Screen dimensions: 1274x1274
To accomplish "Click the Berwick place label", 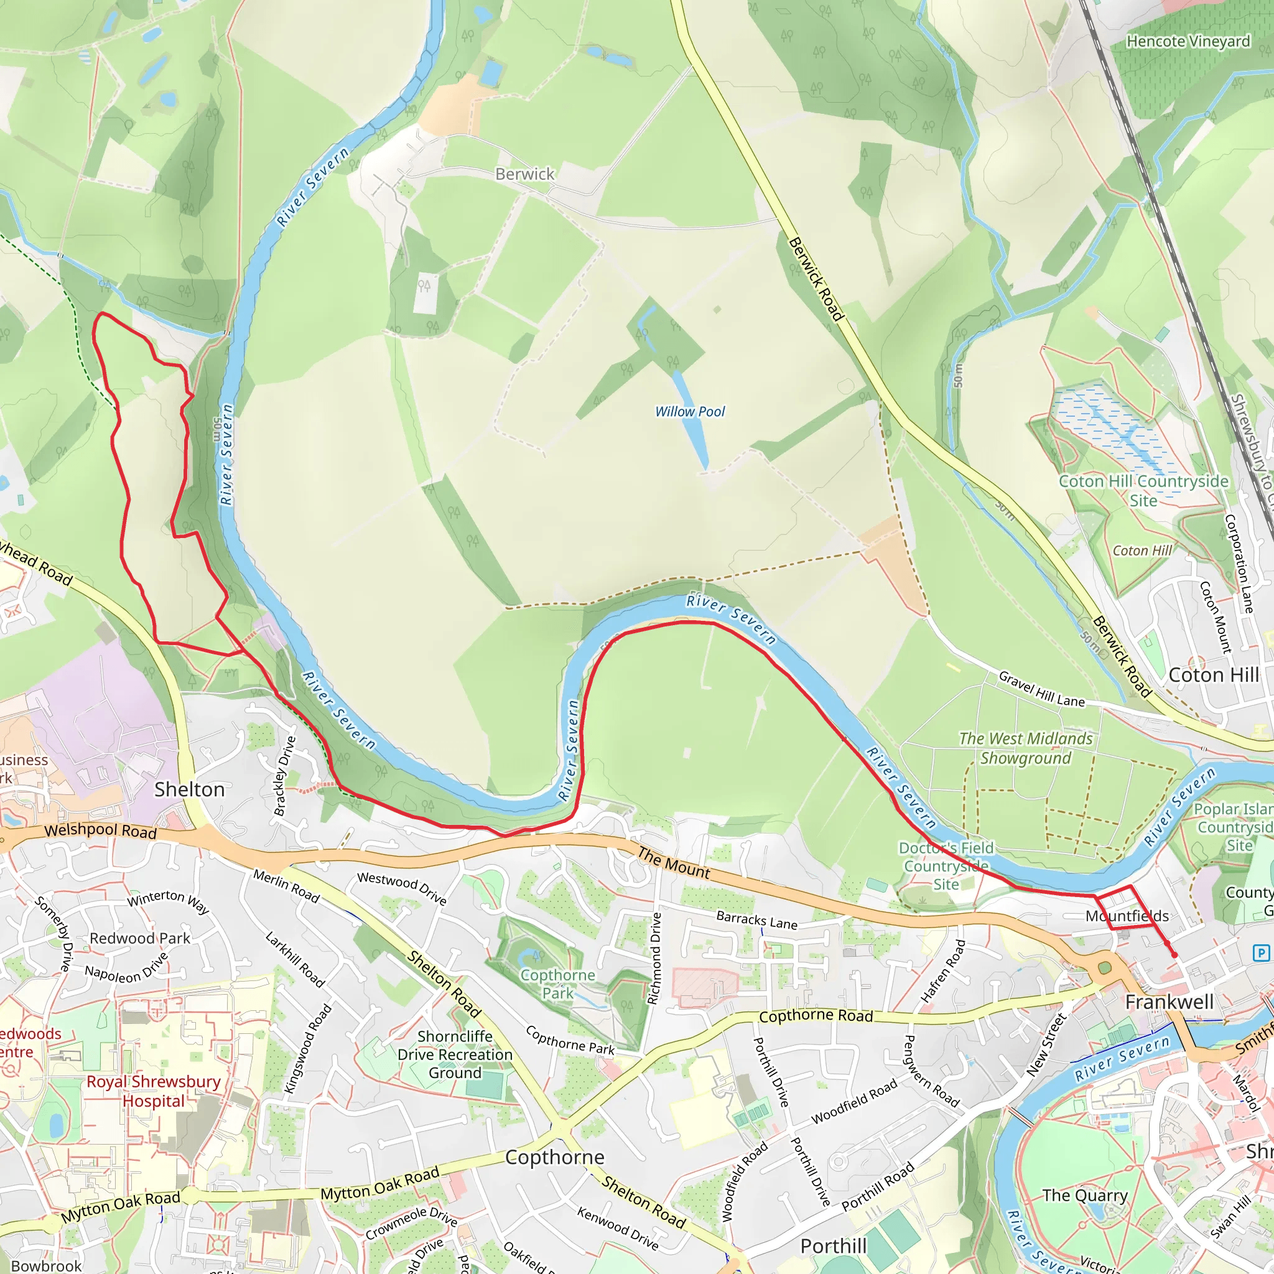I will [524, 174].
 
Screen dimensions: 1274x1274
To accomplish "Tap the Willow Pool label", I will [689, 411].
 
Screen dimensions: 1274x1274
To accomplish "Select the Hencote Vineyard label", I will [1188, 42].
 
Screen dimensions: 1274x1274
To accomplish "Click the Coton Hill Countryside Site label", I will [1143, 491].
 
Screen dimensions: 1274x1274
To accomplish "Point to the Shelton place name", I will [189, 789].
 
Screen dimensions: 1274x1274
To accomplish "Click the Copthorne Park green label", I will [557, 984].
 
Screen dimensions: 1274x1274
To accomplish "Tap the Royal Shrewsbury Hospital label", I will [154, 1091].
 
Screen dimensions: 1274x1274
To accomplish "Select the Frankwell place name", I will [1169, 1002].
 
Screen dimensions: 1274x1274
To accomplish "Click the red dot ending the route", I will [1174, 955].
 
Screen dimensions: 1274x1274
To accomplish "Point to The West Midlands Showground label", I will [1025, 748].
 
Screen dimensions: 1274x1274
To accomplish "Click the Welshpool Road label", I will [100, 830].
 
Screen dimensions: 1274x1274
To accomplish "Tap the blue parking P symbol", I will [1260, 953].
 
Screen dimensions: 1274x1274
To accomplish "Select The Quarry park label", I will [1085, 1196].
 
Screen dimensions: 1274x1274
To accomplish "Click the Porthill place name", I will [834, 1245].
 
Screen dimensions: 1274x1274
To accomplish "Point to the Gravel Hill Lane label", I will [1041, 689].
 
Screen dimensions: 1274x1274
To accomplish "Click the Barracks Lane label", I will [756, 921].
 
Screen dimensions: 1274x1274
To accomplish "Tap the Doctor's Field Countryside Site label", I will [946, 867].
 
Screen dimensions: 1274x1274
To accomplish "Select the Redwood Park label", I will [140, 937].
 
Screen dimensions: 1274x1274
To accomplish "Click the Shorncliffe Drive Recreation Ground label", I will [455, 1054].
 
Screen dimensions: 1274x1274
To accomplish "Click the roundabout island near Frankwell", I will [1106, 968].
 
